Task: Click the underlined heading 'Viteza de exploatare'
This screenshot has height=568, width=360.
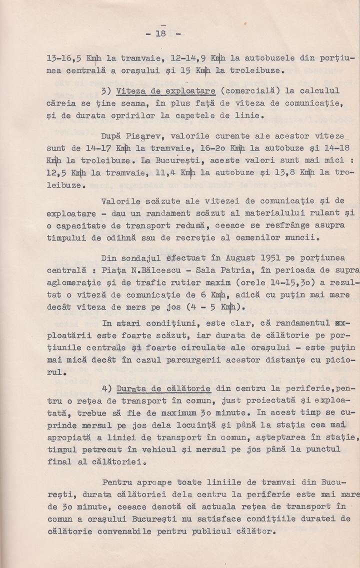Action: click(165, 91)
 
